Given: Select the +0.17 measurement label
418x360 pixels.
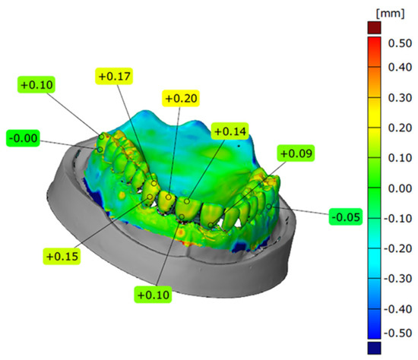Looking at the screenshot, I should (114, 76).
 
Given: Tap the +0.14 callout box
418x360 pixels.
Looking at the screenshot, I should (231, 131).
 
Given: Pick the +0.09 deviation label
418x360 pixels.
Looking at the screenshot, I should (296, 154).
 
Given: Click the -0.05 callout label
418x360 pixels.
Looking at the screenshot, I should (347, 216).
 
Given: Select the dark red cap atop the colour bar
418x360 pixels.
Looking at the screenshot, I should (372, 27).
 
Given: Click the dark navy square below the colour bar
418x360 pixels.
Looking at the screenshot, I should (372, 348).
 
